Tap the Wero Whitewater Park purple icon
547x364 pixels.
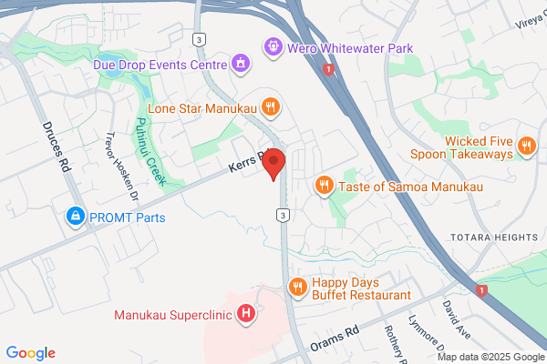[x=271, y=45]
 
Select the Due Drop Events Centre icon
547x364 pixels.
[x=239, y=64]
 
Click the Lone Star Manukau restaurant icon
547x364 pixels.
[x=271, y=106]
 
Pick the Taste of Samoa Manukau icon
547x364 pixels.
[x=324, y=186]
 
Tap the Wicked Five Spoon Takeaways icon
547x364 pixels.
[x=526, y=146]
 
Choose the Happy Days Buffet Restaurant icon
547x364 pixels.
[x=297, y=288]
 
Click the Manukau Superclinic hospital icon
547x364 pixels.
[x=244, y=316]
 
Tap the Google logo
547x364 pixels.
[x=30, y=353]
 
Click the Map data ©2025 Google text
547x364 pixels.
[x=492, y=356]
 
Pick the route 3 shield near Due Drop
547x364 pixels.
[x=199, y=38]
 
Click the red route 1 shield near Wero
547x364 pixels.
[x=329, y=69]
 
